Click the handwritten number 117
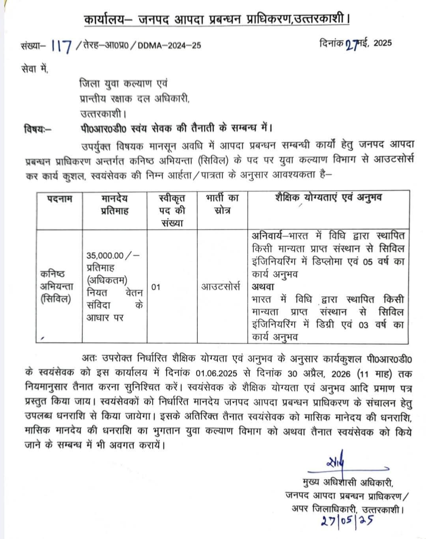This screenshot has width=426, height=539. [x=62, y=46]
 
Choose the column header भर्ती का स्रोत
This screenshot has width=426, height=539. [x=222, y=204]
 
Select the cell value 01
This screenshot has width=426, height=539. [x=156, y=287]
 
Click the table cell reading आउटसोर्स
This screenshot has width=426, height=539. [x=221, y=287]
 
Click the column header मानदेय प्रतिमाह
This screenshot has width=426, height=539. [x=114, y=204]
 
